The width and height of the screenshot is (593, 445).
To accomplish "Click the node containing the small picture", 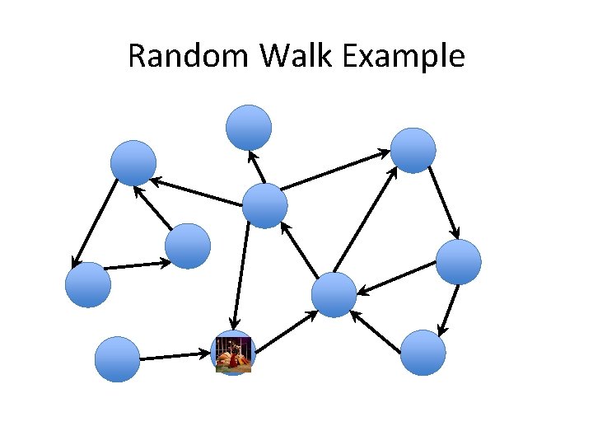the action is pos(234,354).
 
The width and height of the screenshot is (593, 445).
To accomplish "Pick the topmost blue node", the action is pos(249,127).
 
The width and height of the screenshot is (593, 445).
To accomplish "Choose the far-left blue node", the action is pos(88,284).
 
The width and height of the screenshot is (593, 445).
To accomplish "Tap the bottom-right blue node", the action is pos(423,353).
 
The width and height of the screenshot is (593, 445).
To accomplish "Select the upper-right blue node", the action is pos(413,150).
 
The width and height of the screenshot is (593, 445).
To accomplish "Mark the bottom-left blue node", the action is pos(117,359).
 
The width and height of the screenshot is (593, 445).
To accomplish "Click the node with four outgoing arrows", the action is pos(265,205).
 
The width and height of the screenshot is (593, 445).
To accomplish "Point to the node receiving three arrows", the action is pos(335,295).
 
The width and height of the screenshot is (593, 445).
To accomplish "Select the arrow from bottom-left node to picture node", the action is pos(175,356).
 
